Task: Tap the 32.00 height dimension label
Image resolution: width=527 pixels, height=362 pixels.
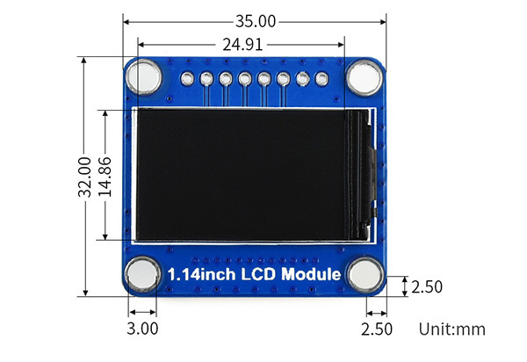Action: [84, 177]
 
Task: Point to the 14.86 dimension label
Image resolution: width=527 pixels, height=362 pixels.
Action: [105, 176]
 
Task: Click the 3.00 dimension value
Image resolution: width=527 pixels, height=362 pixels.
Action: [142, 329]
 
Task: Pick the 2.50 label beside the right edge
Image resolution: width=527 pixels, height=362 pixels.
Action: [426, 286]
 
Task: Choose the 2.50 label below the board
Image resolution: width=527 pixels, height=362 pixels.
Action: [377, 329]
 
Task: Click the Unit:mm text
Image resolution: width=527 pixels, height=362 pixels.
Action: [451, 329]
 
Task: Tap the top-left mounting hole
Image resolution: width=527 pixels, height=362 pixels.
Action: [144, 78]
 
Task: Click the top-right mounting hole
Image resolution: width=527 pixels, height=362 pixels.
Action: [362, 78]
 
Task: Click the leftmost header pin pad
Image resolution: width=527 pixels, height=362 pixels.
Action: [187, 79]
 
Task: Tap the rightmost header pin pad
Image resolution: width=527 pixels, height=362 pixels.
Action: [321, 79]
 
